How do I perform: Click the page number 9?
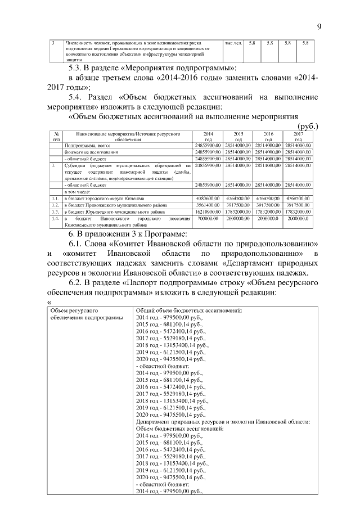pos(318,26)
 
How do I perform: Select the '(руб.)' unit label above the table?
pos(306,127)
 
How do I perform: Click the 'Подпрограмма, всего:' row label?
pos(85,145)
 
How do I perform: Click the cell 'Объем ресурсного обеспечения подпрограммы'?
pos(87,314)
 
